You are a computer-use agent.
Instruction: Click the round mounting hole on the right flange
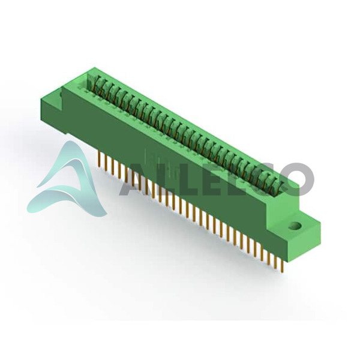pos(295,226)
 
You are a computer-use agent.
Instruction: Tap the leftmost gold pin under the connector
pos(99,159)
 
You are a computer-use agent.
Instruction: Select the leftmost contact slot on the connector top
pos(92,82)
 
